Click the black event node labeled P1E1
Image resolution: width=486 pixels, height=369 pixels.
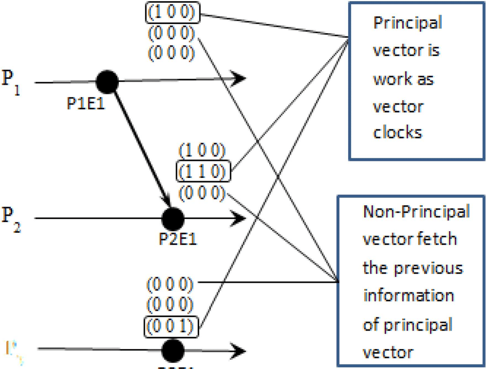pyautogui.click(x=106, y=82)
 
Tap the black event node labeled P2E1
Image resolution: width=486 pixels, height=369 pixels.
pyautogui.click(x=173, y=218)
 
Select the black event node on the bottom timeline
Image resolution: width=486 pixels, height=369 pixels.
pyautogui.click(x=173, y=350)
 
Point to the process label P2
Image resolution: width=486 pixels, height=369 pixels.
pyautogui.click(x=11, y=217)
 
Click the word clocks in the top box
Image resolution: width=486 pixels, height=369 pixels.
pyautogui.click(x=397, y=133)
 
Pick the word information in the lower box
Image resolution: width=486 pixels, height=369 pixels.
pyautogui.click(x=408, y=296)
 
